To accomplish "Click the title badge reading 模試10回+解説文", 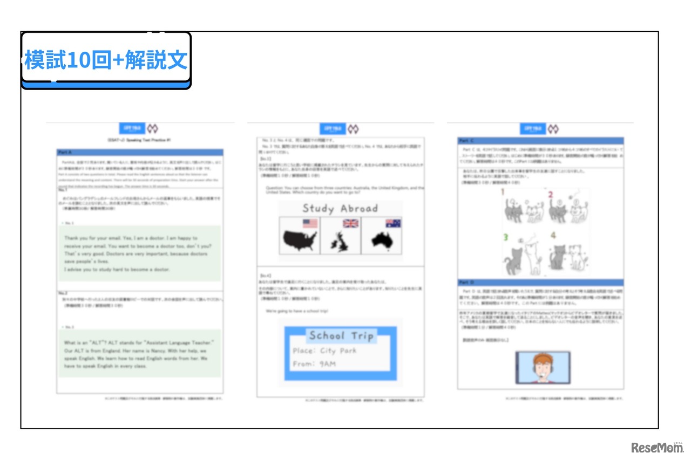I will click(106, 60).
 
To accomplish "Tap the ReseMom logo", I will click(656, 447).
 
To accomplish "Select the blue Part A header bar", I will click(140, 153).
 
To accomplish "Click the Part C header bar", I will click(540, 141).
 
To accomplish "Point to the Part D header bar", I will click(540, 283).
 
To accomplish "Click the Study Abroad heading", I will click(340, 208).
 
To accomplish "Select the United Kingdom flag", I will click(351, 223).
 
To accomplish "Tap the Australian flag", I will click(392, 223).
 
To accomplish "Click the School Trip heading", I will click(341, 336).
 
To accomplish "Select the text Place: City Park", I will click(324, 351).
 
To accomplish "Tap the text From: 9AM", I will click(314, 363).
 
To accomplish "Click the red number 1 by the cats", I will click(502, 192).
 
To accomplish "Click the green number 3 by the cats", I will click(506, 237).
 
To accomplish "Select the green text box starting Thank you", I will click(140, 253).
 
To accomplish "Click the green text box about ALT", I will click(140, 354).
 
